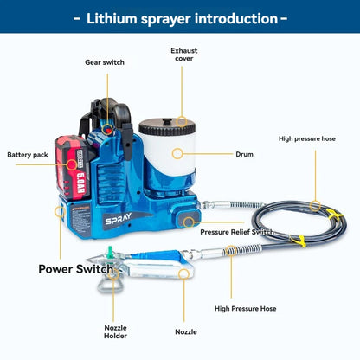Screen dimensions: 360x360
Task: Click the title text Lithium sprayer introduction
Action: click(x=180, y=18)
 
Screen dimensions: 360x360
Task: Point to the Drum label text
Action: click(x=244, y=154)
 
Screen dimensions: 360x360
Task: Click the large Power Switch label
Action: click(x=75, y=269)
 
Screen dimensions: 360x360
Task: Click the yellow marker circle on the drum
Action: click(x=177, y=153)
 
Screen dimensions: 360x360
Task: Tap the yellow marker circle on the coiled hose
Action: click(x=316, y=207)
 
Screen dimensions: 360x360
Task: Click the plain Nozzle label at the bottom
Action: click(x=185, y=331)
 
